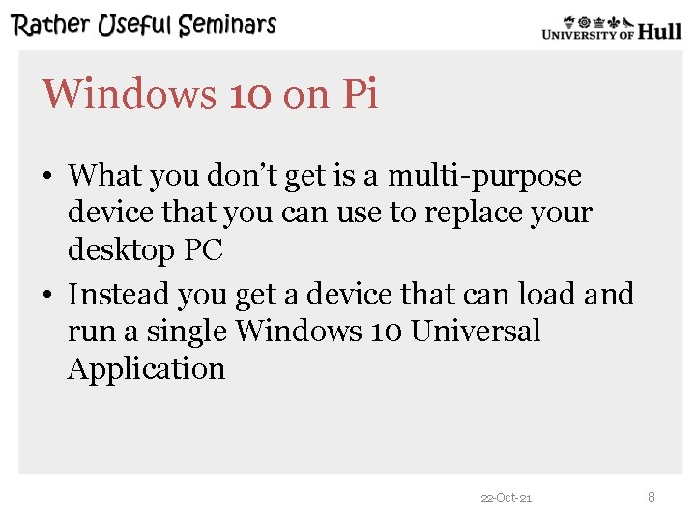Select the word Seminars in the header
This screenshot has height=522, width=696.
coord(230,25)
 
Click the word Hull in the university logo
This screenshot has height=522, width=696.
coord(660,32)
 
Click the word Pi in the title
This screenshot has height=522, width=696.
coord(359,95)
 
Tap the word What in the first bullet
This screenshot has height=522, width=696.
coord(104,176)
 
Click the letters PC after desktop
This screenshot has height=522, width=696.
coord(203,250)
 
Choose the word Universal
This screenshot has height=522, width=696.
coord(475,331)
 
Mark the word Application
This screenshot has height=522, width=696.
coord(146,369)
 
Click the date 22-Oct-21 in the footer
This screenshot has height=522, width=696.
coord(506,498)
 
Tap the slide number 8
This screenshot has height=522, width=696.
coord(651,497)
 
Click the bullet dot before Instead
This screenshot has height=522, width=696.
coord(47,295)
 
